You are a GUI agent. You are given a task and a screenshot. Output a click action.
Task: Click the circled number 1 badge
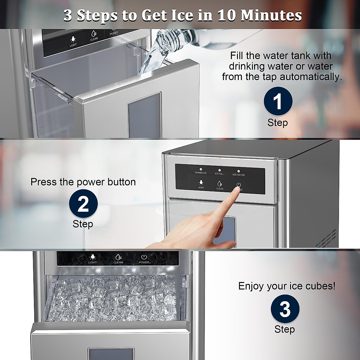pos(278,101)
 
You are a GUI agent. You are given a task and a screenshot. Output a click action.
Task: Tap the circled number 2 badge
pos(83,203)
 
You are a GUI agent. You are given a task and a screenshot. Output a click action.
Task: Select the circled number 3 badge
pos(285,309)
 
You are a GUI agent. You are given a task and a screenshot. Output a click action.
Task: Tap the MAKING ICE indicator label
pos(201,173)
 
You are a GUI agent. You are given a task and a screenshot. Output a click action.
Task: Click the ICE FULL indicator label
pos(219,174)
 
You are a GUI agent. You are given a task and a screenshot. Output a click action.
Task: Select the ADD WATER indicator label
pos(238,175)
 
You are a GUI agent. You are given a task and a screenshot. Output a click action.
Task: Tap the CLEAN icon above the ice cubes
pos(118,257)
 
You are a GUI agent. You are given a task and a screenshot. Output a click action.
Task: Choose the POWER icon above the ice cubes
pos(144,257)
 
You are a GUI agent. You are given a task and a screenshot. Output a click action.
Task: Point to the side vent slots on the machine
pos(325,238)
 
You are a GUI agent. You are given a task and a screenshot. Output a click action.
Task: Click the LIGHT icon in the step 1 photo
pos(73,40)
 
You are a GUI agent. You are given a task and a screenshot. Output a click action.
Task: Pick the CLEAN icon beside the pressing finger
pos(220,184)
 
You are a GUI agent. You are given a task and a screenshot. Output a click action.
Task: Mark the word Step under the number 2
pos(83,224)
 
